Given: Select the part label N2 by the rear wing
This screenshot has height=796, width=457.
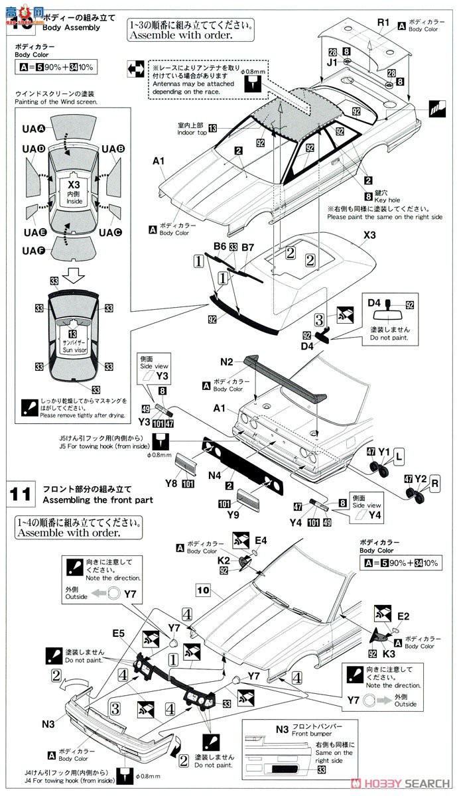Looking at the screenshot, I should click(x=227, y=362).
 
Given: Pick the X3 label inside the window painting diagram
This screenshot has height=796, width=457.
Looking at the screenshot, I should click(x=73, y=185).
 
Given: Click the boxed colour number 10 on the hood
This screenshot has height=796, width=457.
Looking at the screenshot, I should click(x=203, y=589).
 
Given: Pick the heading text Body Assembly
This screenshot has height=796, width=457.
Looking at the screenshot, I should click(x=71, y=28).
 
